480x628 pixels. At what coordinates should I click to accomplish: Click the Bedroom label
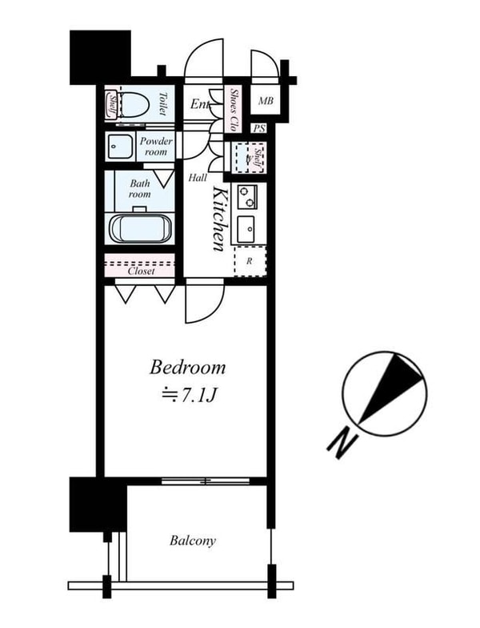point(187,367)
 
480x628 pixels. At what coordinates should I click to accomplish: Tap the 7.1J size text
point(189,396)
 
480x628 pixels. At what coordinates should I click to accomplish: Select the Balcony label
point(192,541)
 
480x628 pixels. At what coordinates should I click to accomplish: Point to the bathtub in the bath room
point(141,228)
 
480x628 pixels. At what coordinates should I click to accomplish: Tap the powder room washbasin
point(120,147)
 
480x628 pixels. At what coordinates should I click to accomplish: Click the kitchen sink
point(246,229)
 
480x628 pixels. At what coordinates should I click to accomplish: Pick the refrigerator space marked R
point(250,261)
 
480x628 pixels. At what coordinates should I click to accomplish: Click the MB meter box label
point(266,101)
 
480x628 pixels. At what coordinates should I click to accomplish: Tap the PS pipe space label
point(259,128)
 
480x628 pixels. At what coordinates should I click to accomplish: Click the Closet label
point(141,271)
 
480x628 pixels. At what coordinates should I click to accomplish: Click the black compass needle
point(390,387)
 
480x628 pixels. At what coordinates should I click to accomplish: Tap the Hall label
point(198,178)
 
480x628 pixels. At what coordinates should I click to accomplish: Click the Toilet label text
point(162,104)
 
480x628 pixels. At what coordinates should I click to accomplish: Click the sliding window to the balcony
point(205,481)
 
